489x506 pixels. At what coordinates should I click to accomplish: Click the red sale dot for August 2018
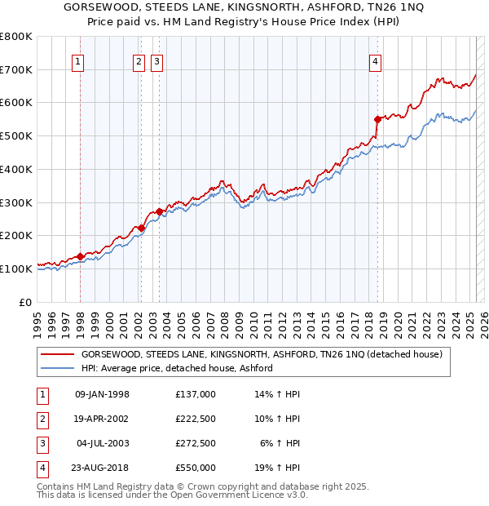click(377, 119)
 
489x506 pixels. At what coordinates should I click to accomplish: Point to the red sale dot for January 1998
click(81, 256)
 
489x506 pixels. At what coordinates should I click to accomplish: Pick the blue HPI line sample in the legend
click(57, 368)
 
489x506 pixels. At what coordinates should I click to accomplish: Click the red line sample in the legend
click(57, 355)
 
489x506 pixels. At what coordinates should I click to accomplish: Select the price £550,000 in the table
click(196, 468)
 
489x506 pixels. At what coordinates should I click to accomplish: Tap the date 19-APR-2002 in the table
click(102, 419)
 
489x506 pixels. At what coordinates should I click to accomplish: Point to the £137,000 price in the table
click(196, 394)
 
